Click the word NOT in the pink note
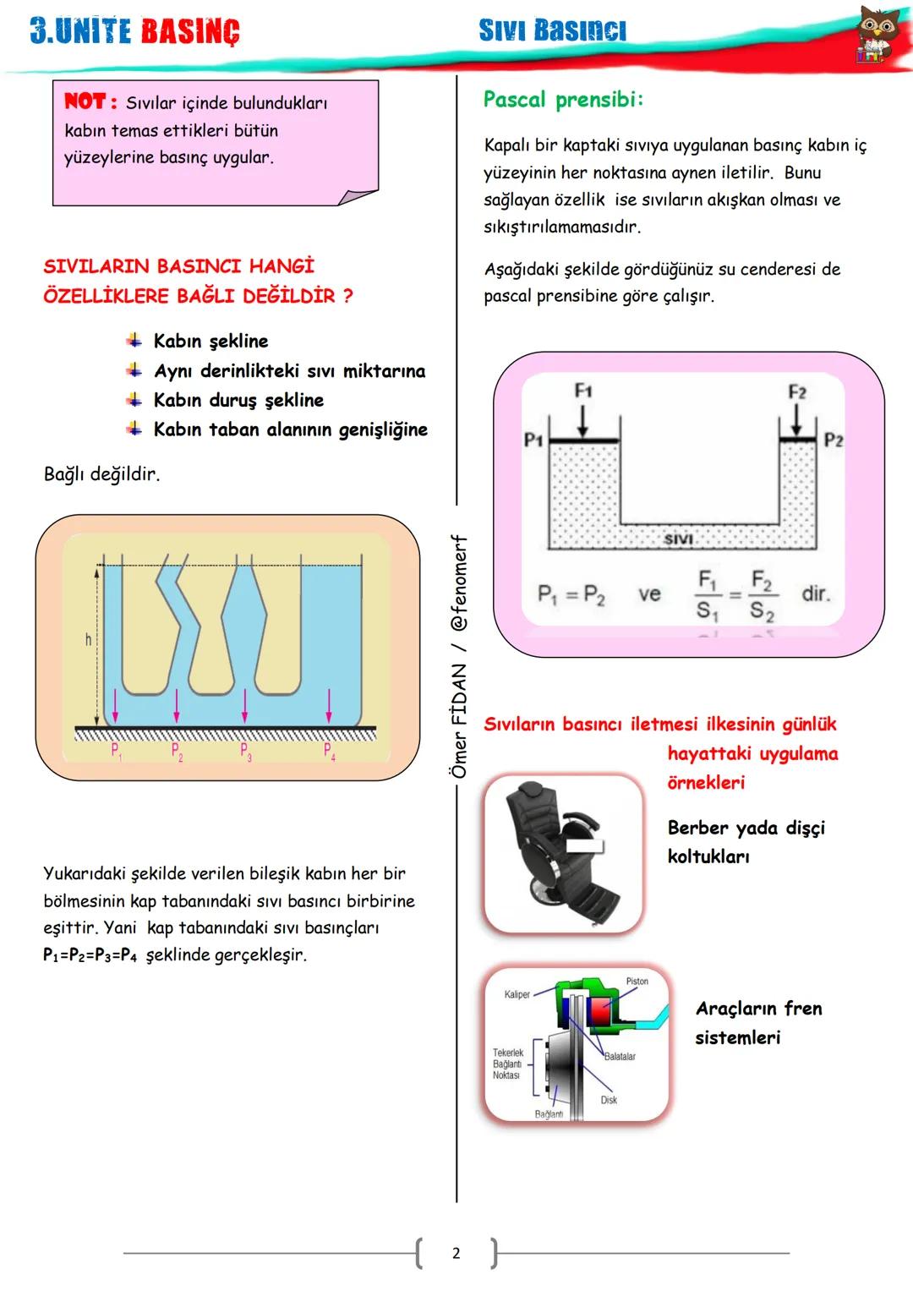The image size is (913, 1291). click(85, 101)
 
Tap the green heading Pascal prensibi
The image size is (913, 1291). click(563, 100)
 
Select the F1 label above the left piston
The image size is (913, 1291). click(583, 391)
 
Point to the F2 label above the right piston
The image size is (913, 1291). click(797, 392)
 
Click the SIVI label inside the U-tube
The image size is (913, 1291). click(678, 539)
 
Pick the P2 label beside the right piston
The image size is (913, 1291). click(834, 440)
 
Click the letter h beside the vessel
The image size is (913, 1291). click(88, 640)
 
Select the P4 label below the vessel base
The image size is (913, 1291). click(330, 751)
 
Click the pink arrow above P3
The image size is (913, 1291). click(245, 706)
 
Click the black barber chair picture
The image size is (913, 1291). click(562, 854)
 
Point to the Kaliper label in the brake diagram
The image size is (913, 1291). click(517, 994)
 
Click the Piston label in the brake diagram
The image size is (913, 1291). click(637, 982)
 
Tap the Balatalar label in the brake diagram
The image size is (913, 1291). click(620, 1057)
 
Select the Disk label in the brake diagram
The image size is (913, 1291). click(609, 1100)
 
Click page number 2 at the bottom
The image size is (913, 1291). click(456, 1253)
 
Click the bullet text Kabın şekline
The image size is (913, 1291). click(210, 342)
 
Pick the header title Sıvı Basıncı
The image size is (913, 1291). click(552, 30)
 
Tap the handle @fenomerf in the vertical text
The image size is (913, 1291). click(459, 583)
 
